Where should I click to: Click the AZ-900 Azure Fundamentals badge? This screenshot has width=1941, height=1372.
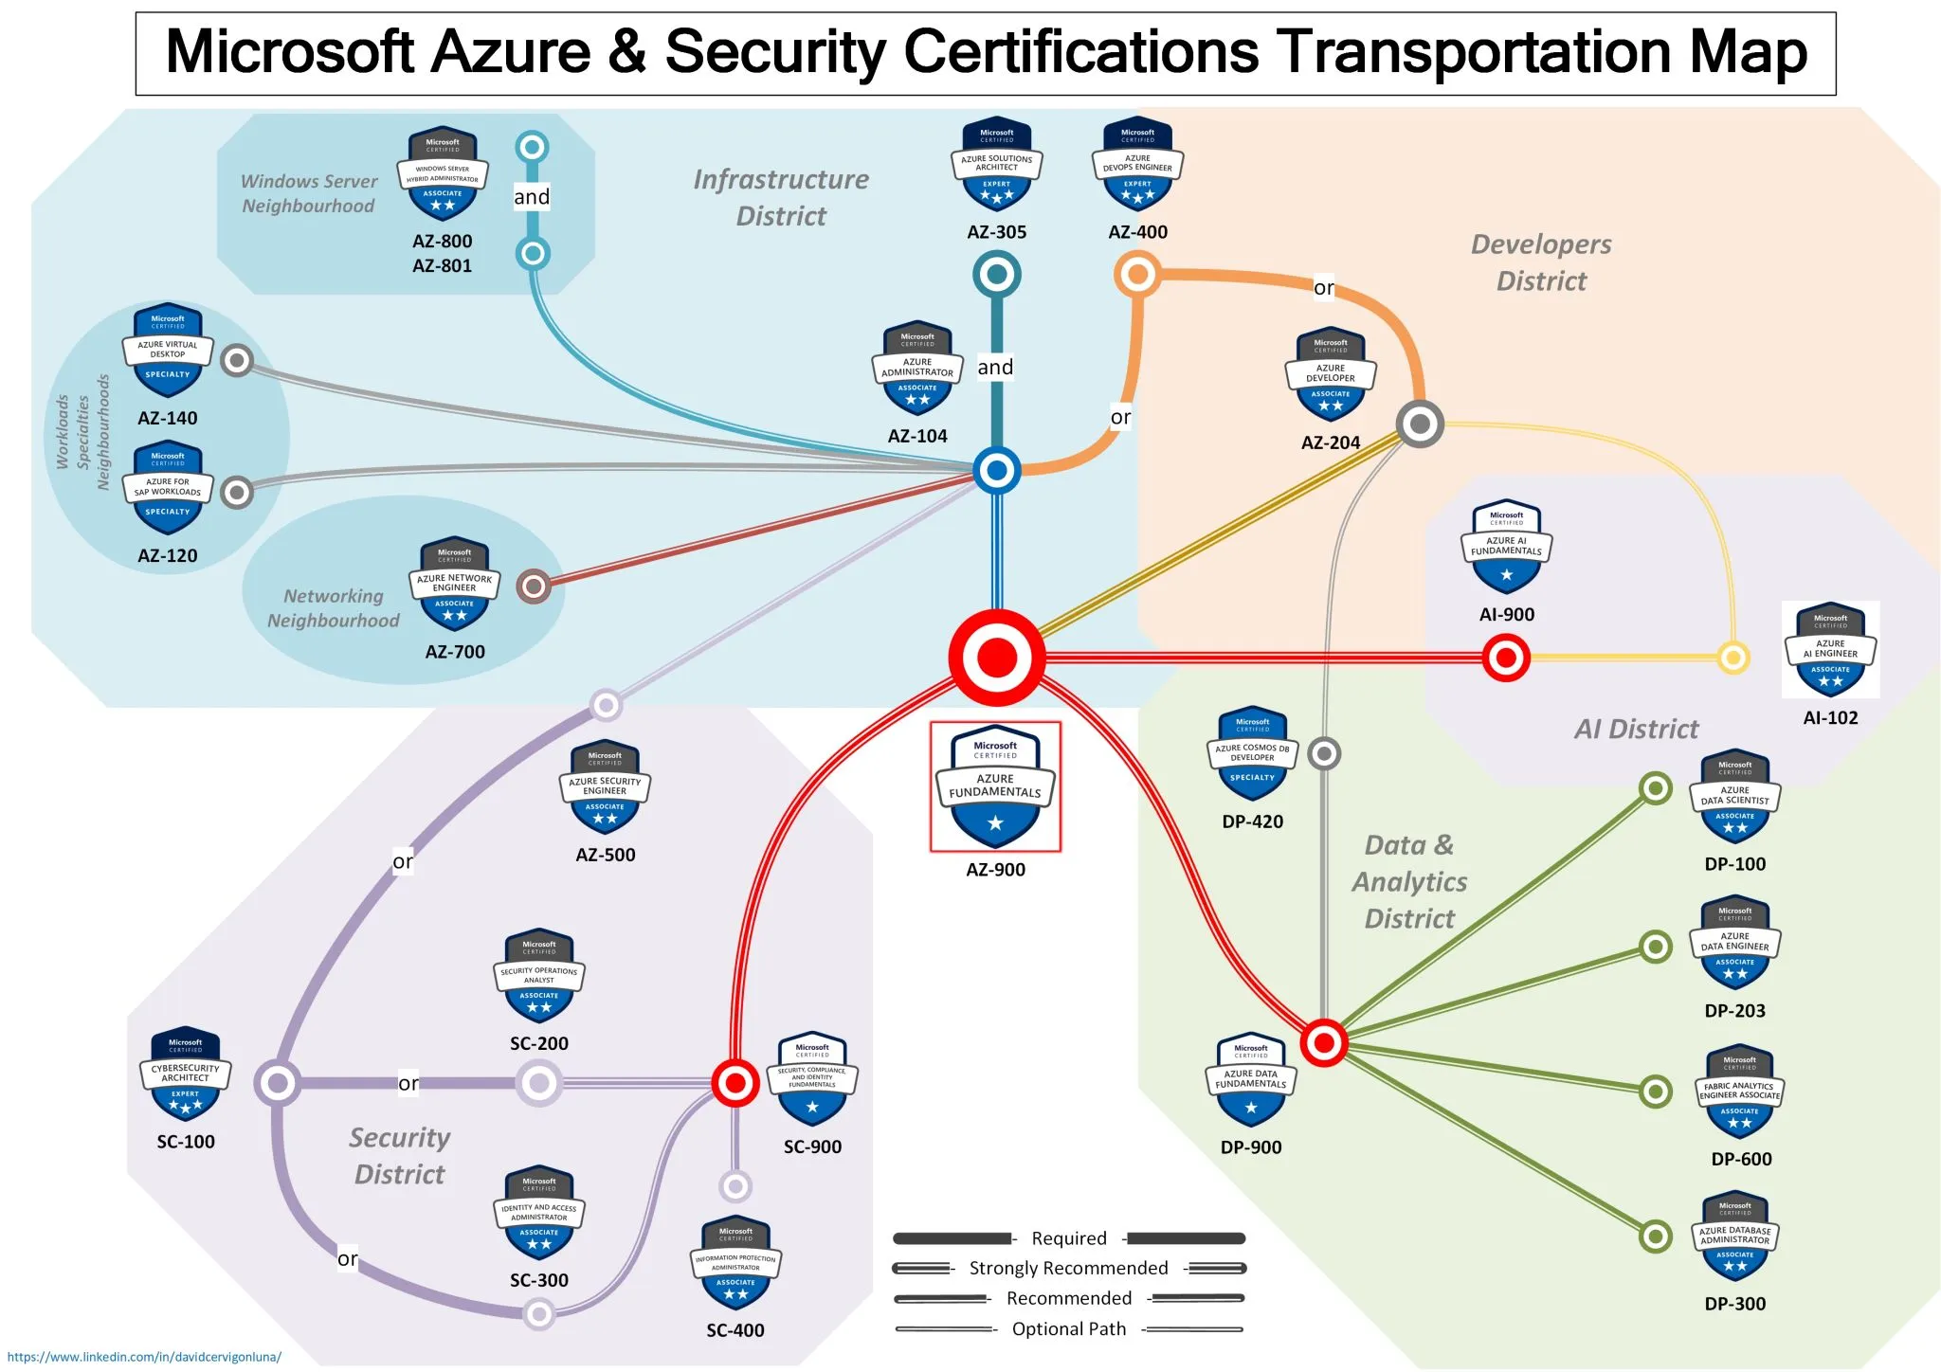click(995, 787)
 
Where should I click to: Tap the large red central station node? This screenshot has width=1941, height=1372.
click(997, 657)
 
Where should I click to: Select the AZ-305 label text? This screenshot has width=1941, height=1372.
click(996, 232)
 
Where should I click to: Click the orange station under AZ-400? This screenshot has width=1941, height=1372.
click(1137, 275)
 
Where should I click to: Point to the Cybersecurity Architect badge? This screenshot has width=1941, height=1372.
click(186, 1074)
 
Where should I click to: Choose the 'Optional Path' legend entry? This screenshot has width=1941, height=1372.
click(1068, 1328)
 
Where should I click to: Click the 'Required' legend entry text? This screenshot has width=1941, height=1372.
click(1068, 1238)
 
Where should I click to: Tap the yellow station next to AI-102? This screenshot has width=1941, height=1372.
click(1732, 657)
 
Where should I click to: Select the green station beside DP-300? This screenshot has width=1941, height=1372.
click(1655, 1236)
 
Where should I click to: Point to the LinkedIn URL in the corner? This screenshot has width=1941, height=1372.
click(144, 1357)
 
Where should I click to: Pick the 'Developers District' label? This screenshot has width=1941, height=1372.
click(1541, 262)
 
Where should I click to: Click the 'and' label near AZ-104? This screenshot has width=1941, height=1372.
click(995, 368)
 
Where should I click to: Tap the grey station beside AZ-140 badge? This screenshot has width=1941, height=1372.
click(237, 360)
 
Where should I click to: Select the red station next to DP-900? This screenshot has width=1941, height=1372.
click(1324, 1043)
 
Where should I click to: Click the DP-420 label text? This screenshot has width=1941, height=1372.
click(1252, 821)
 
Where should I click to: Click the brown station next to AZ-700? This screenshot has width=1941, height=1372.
click(534, 587)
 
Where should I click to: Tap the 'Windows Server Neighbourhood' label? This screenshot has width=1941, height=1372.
click(309, 193)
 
